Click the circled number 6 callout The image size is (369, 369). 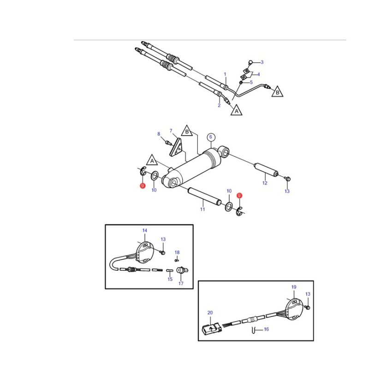coord(211,137)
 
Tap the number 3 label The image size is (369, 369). coord(262,62)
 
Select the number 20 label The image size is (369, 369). coord(210,313)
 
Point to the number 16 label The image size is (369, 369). coord(266,329)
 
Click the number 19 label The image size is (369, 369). coord(294,287)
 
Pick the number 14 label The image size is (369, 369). coord(145,230)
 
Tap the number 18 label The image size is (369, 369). coord(177,252)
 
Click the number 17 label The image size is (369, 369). coord(181,283)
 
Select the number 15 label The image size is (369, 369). coord(170,279)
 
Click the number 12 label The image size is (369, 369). coord(265,183)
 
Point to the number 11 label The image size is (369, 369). coord(202,209)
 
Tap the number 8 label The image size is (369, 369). coord(159,134)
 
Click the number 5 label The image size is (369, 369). coord(251,82)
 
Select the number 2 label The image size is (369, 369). coord(219,105)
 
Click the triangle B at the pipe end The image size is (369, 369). coord(277,91)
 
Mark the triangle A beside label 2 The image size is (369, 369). coord(237,110)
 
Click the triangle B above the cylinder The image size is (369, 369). coord(187,131)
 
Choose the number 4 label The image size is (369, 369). coord(258,74)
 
